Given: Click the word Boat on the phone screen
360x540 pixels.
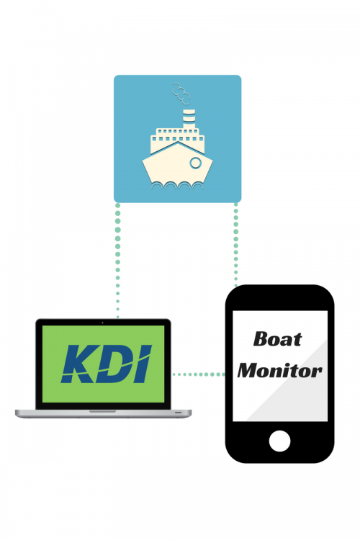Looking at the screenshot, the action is tap(278, 339).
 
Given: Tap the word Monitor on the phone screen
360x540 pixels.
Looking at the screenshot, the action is tap(280, 371).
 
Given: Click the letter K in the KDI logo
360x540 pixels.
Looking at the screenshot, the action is tap(78, 364).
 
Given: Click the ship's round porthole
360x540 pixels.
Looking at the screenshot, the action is tap(195, 163).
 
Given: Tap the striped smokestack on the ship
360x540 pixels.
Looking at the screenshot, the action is tap(189, 119).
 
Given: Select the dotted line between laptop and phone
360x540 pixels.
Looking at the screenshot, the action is tap(199, 374).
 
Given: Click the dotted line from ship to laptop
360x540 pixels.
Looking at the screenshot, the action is tap(118, 261).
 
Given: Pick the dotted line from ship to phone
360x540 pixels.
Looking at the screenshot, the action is tap(236, 245).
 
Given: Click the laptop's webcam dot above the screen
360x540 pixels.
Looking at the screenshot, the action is tap(103, 323).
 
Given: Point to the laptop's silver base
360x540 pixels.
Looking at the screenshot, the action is tap(103, 413).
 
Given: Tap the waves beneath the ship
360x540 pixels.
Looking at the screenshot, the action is tap(177, 186).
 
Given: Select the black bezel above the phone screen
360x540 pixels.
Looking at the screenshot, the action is tap(280, 298).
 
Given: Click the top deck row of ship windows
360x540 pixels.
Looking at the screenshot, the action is tap(177, 131).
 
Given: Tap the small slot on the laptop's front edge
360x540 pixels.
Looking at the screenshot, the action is tap(178, 413).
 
